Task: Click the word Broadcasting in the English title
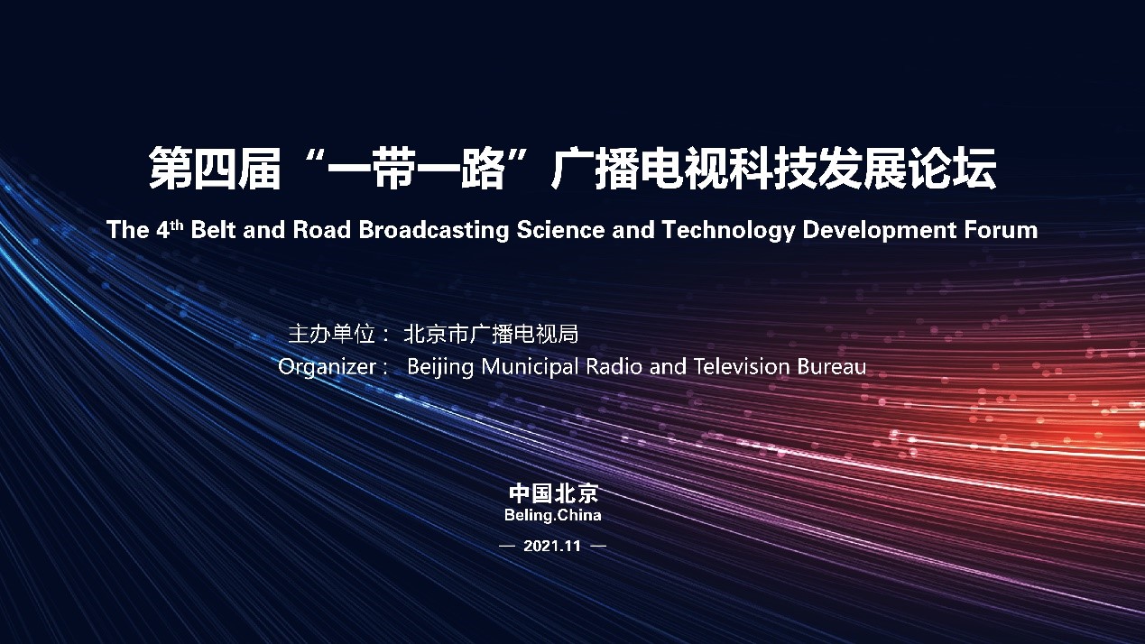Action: tap(433, 230)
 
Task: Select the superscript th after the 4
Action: tap(176, 225)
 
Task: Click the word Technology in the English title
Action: tap(728, 230)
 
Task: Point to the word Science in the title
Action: tap(560, 229)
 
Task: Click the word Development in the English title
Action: tap(879, 230)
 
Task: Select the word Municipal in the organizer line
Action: tap(530, 367)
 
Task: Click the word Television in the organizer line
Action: tap(742, 366)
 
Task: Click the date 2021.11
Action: tap(552, 546)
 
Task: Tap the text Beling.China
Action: tap(552, 515)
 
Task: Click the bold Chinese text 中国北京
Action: tap(553, 493)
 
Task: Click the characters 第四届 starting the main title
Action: tap(215, 168)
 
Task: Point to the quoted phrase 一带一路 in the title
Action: tap(417, 168)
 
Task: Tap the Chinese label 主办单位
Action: tap(331, 335)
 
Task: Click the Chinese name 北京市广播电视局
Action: tap(491, 335)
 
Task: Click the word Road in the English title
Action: tap(321, 229)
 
